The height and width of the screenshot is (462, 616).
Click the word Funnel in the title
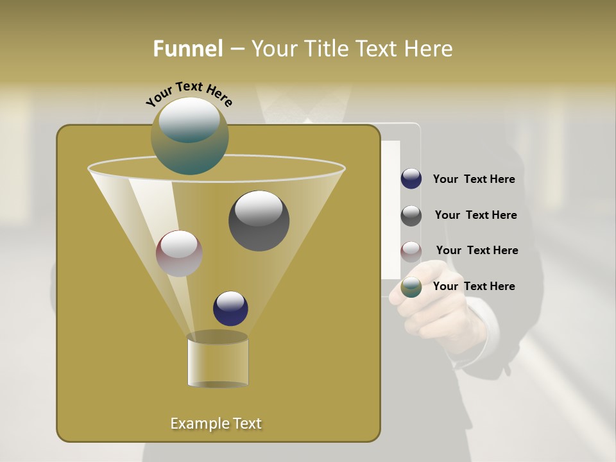pyautogui.click(x=188, y=49)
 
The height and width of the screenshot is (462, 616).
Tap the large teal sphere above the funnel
pyautogui.click(x=190, y=136)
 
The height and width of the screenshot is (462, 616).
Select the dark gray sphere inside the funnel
pyautogui.click(x=259, y=221)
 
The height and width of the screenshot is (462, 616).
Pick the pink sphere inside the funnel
pyautogui.click(x=179, y=253)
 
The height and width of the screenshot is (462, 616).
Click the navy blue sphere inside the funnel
pyautogui.click(x=230, y=309)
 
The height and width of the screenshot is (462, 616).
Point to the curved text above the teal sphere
pyautogui.click(x=189, y=94)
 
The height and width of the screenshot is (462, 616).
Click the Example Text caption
pyautogui.click(x=216, y=424)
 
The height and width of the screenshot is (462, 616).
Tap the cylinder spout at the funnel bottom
pyautogui.click(x=218, y=361)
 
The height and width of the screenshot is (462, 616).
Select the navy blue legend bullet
pyautogui.click(x=411, y=179)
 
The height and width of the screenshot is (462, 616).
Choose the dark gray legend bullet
pyautogui.click(x=411, y=216)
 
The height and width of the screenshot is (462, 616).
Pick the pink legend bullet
pyautogui.click(x=411, y=251)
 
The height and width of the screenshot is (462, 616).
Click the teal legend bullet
pyautogui.click(x=411, y=287)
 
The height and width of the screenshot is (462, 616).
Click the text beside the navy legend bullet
pyautogui.click(x=474, y=180)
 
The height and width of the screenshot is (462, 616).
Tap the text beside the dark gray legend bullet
pyautogui.click(x=475, y=215)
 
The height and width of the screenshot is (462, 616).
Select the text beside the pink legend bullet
pyautogui.click(x=477, y=250)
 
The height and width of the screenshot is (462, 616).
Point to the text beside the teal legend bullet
pyautogui.click(x=474, y=286)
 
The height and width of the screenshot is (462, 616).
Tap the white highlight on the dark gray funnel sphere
pyautogui.click(x=259, y=208)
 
